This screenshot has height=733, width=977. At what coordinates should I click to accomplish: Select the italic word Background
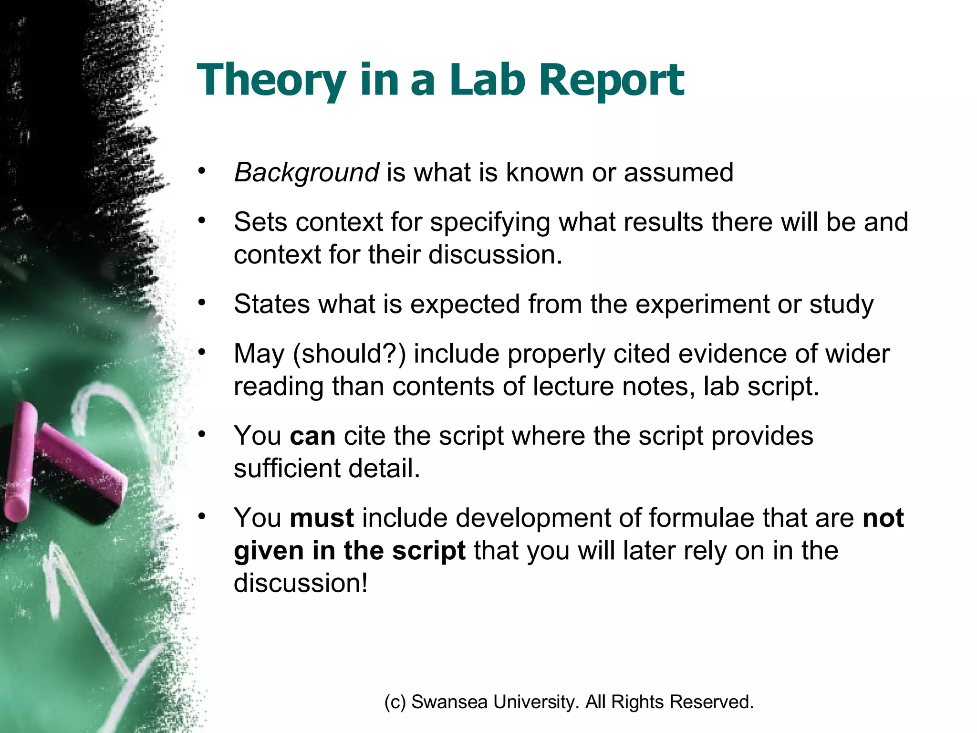click(306, 173)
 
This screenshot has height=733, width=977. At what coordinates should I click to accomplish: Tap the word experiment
click(702, 304)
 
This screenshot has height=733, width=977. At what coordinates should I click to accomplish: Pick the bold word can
click(312, 436)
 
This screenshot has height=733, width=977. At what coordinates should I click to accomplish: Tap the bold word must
click(322, 518)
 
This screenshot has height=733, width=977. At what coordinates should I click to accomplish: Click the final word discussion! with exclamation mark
click(301, 583)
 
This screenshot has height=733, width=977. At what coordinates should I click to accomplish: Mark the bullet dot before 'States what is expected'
click(202, 303)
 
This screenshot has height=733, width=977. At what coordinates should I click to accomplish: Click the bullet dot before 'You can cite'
click(202, 434)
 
